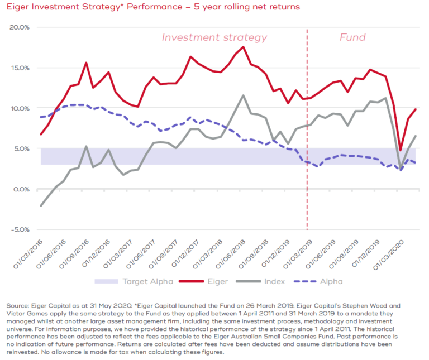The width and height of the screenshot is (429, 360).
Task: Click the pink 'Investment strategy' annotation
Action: point(214,38)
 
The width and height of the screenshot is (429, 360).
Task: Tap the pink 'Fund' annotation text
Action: point(352,38)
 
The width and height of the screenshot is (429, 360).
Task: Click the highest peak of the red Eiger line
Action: point(243,47)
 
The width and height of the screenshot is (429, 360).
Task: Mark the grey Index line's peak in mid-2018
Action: point(243,95)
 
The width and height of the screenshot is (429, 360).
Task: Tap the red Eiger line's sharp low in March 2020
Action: point(401,150)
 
